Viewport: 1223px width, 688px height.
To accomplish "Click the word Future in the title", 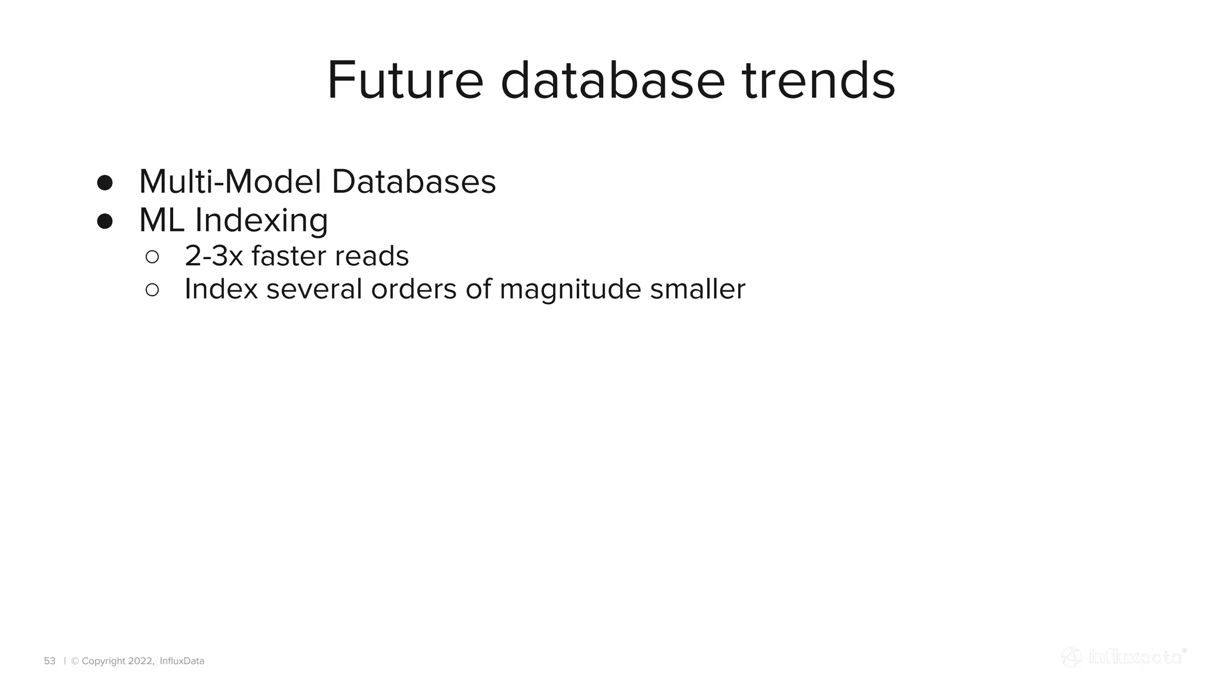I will click(x=405, y=81).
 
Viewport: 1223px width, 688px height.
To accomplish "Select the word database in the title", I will click(x=612, y=81).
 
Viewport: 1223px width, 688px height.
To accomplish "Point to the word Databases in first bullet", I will click(x=413, y=182).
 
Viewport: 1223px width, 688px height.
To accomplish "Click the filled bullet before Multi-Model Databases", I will click(x=105, y=183).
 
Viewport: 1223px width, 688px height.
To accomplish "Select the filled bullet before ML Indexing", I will click(x=105, y=222).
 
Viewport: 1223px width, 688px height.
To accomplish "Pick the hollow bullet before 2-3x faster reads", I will click(x=152, y=257).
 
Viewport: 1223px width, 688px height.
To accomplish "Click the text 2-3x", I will click(x=214, y=256).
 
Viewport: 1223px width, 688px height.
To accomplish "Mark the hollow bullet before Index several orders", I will click(x=152, y=290).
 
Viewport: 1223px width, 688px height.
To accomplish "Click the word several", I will click(x=314, y=290).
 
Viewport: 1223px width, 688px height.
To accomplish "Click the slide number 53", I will click(x=50, y=661).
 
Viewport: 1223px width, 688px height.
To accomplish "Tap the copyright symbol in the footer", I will click(x=75, y=661).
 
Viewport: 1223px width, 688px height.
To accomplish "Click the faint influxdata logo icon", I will click(x=1071, y=657).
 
